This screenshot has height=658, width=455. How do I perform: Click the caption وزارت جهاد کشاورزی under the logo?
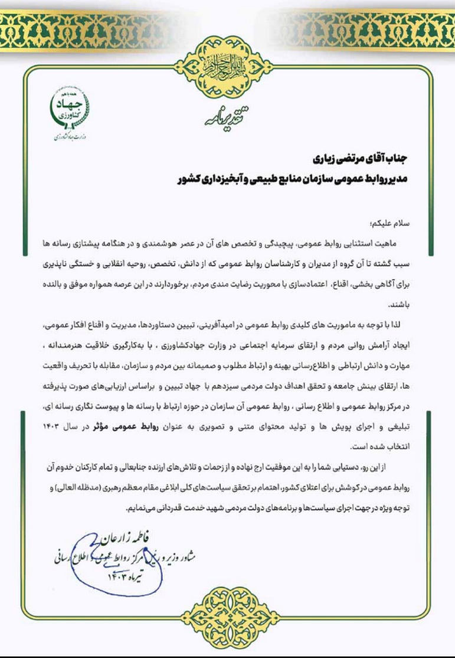(x=68, y=137)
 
